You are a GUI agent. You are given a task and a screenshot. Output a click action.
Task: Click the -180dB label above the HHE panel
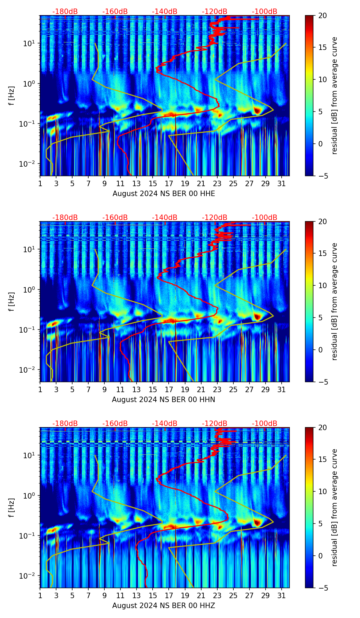[65, 12]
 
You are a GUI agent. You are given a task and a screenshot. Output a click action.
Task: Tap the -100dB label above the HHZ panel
[265, 424]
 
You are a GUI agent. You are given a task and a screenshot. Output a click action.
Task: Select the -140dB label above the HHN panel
[165, 218]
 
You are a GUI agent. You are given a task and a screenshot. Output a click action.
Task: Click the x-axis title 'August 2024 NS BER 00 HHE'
[164, 194]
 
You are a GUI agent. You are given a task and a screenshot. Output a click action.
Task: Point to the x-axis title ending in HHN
[163, 400]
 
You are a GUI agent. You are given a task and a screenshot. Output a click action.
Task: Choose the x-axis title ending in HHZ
[164, 606]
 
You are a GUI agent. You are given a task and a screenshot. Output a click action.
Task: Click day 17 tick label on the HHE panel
[169, 183]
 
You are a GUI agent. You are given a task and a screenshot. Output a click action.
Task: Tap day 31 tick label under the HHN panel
[282, 389]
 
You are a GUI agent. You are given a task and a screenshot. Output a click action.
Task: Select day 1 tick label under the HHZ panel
[40, 595]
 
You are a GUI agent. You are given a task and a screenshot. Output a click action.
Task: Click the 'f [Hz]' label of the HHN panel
[12, 301]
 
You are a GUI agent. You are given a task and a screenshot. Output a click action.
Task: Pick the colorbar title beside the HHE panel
[334, 95]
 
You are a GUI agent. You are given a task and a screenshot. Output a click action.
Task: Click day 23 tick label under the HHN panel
[217, 389]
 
